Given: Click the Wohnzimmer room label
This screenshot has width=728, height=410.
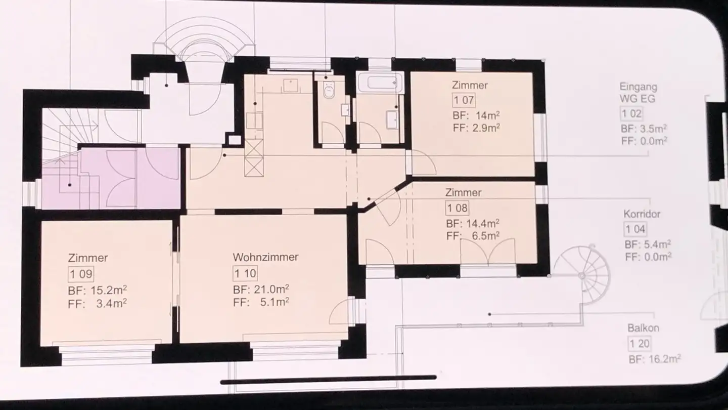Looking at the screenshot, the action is (265, 257).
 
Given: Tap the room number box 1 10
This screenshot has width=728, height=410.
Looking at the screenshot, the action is (245, 273).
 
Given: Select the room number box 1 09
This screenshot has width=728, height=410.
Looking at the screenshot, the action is (81, 274).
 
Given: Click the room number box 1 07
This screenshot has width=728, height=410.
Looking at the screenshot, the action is (464, 100).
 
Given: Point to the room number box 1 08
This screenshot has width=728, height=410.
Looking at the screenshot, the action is (457, 208).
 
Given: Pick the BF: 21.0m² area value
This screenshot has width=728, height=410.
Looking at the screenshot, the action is (261, 289).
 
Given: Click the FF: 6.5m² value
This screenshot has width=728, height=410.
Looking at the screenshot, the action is (473, 235).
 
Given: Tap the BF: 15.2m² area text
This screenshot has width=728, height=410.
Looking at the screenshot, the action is (97, 290).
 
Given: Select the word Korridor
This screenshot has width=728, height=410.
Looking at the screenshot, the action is (642, 214).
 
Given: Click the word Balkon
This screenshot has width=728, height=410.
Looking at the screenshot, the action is (644, 328).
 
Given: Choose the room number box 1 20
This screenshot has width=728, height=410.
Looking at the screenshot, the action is (640, 344).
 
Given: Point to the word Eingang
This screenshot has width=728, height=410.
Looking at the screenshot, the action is (639, 87).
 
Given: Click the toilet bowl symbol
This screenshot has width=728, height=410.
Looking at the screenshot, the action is (329, 90).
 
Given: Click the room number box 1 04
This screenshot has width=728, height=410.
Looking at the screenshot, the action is (635, 229).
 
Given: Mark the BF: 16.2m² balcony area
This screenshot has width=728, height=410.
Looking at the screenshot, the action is (655, 359).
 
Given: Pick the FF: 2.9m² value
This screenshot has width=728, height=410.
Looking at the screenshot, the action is (476, 128).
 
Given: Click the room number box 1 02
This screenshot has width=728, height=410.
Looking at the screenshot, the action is (631, 113).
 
